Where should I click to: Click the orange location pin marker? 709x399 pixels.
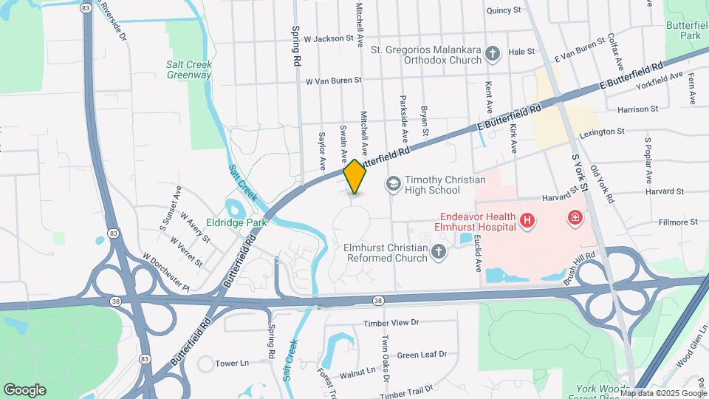[x=354, y=176]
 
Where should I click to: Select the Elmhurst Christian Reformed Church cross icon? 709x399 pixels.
[x=439, y=253]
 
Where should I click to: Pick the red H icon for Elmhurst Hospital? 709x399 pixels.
[x=527, y=220]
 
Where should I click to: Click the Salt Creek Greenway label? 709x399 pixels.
[x=189, y=69]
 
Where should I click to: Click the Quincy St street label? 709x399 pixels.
[x=504, y=10]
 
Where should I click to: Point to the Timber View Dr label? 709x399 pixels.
[x=391, y=323]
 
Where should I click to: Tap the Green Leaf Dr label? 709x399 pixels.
[x=422, y=355]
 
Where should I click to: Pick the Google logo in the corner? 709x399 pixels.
[x=25, y=389]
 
